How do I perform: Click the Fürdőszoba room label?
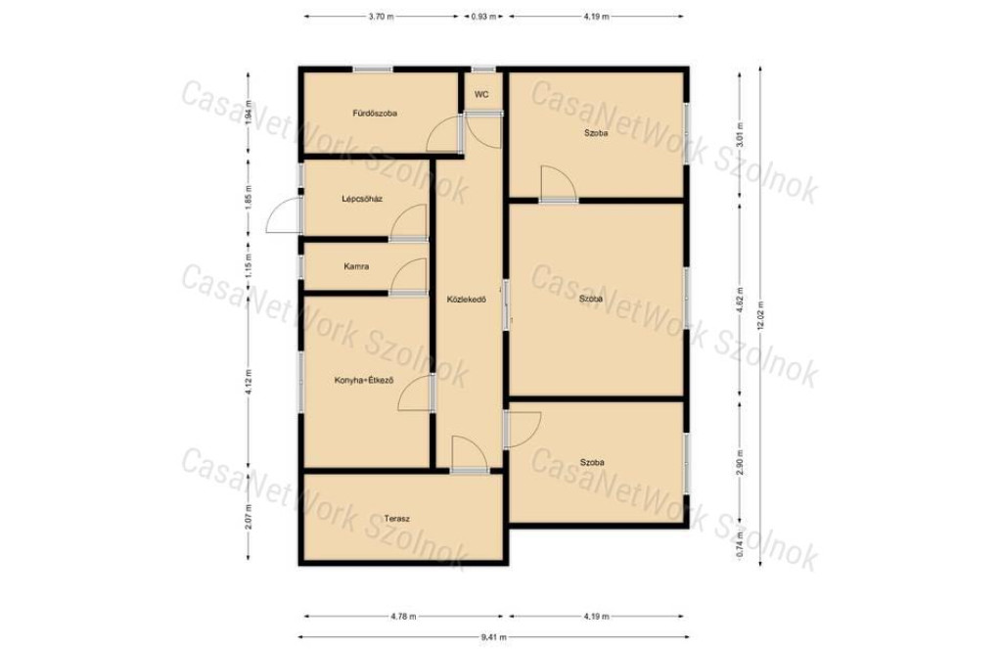click(x=375, y=114)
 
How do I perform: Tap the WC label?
click(x=481, y=94)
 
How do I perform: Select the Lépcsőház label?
click(x=362, y=199)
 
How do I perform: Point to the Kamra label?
click(x=356, y=266)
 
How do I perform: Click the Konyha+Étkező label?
click(x=364, y=380)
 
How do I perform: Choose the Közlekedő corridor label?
click(x=467, y=299)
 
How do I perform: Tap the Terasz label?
click(x=397, y=519)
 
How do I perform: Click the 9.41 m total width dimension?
click(x=493, y=637)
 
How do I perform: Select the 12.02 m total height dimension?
click(x=760, y=315)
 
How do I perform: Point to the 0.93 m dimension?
click(x=483, y=17)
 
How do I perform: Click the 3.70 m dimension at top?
click(x=381, y=17)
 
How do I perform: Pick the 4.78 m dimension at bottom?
click(x=403, y=617)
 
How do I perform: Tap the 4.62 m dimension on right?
click(x=740, y=300)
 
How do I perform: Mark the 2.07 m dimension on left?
click(x=249, y=517)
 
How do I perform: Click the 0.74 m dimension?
click(x=740, y=544)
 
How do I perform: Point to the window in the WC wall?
click(x=483, y=70)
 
